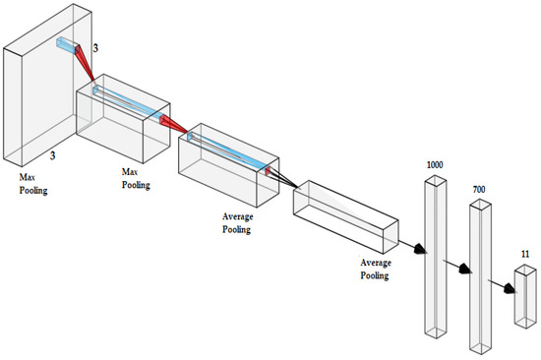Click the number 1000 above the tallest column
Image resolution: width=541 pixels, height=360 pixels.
[435, 165]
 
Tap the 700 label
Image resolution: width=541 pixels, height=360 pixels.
[479, 190]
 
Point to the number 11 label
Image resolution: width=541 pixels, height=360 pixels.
[525, 255]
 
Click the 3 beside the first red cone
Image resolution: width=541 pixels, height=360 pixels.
[95, 48]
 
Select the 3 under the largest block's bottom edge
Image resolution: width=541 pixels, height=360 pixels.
[52, 155]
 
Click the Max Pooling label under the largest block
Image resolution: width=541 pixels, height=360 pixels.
[33, 184]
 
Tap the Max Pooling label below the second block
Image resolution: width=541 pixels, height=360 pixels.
[136, 178]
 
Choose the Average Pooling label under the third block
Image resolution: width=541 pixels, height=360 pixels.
[238, 223]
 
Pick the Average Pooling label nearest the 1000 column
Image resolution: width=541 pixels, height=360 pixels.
[376, 270]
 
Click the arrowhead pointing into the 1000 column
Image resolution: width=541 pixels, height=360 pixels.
[420, 249]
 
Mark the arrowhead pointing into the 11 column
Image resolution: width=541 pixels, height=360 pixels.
[510, 288]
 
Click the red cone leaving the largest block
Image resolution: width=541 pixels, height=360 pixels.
[85, 63]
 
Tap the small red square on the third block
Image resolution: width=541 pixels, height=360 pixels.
[268, 171]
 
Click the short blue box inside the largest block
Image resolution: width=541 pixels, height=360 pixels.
[66, 45]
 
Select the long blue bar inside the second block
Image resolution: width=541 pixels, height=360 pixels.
[128, 103]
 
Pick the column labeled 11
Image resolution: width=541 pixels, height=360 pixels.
[525, 296]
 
